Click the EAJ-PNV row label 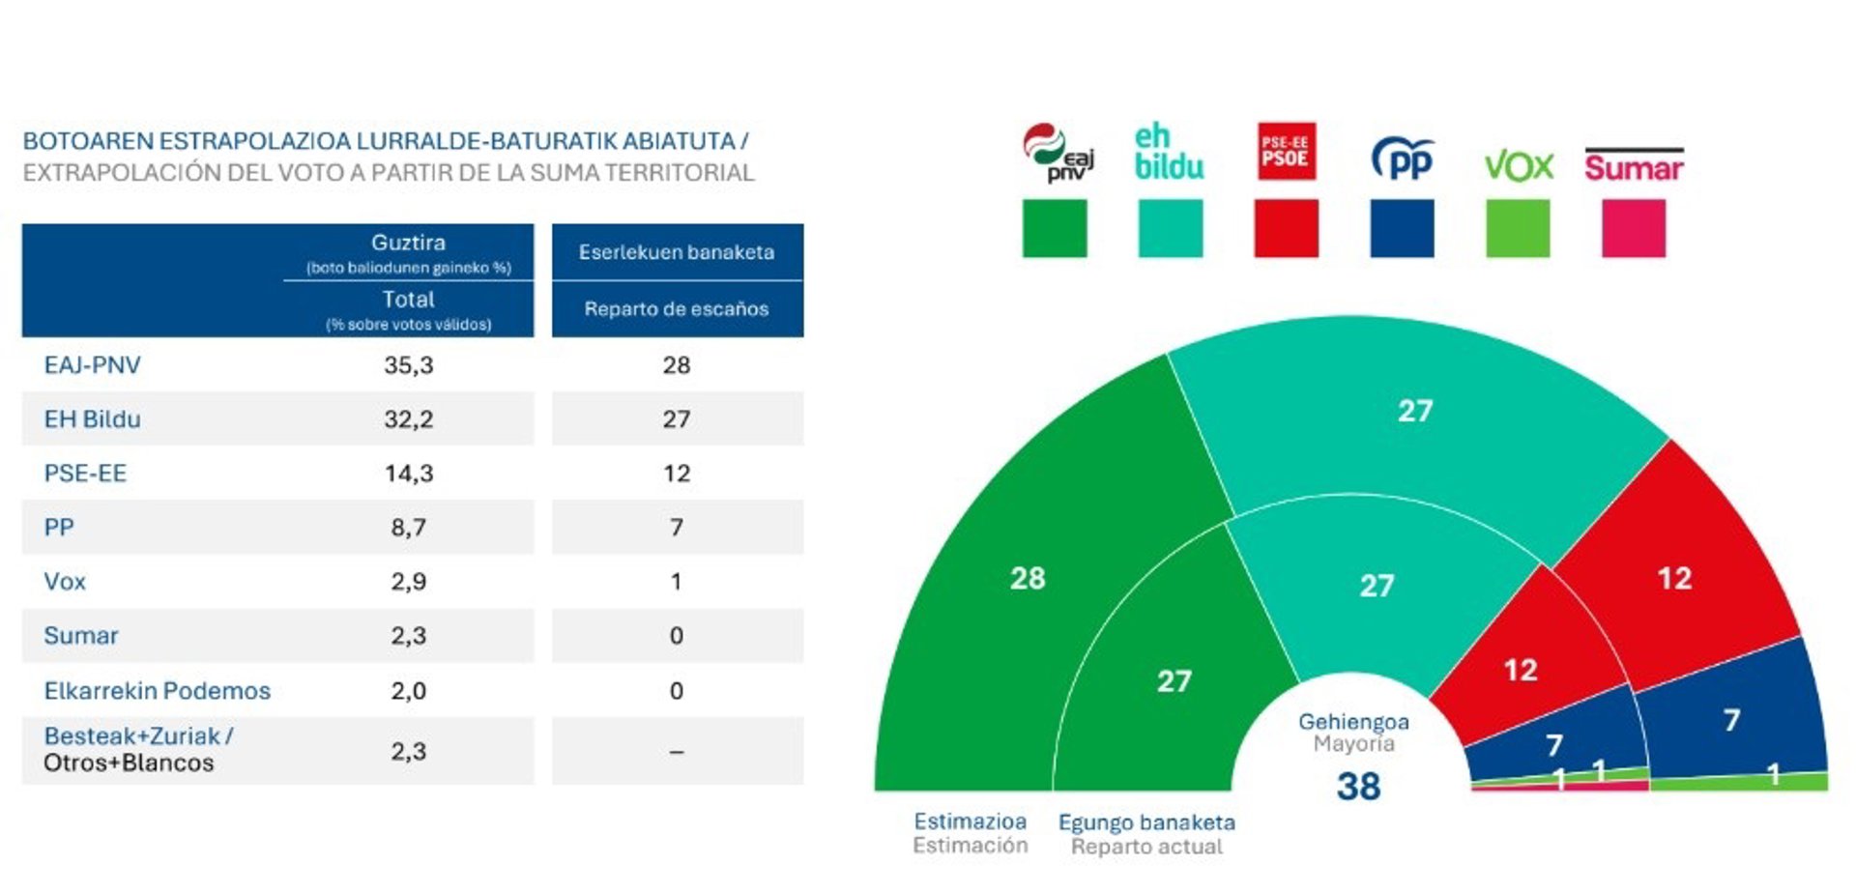[x=92, y=365]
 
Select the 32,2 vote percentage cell [x=408, y=419]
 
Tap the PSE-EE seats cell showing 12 [x=676, y=474]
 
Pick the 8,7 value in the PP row [x=408, y=528]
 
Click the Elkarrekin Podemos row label [x=157, y=691]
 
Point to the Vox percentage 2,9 [x=408, y=582]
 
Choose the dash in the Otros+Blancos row [x=676, y=752]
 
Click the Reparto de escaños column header [x=676, y=309]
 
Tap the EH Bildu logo [x=1169, y=153]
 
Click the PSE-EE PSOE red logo [x=1286, y=151]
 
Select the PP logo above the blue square [x=1402, y=158]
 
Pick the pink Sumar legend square [x=1633, y=228]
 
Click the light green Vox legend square [x=1517, y=228]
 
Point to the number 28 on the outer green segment [x=1028, y=578]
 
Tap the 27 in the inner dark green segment [x=1174, y=681]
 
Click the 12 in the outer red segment [x=1674, y=578]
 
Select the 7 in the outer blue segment [x=1731, y=720]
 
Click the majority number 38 [x=1358, y=787]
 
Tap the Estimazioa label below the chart [x=970, y=821]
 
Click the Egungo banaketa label [x=1146, y=822]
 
